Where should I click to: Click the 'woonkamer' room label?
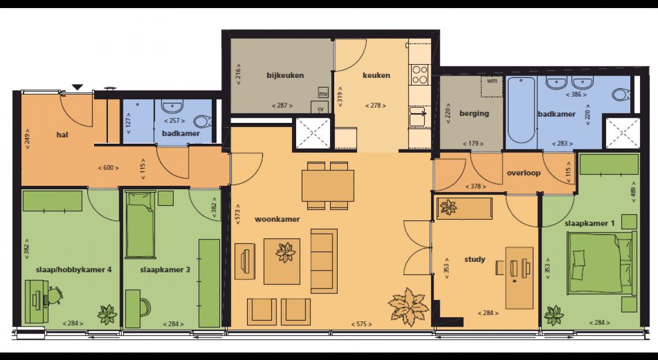pyautogui.click(x=277, y=219)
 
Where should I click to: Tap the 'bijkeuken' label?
pyautogui.click(x=285, y=76)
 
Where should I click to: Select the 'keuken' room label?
pyautogui.click(x=376, y=76)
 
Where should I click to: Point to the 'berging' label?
pyautogui.click(x=474, y=113)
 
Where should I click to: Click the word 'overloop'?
pyautogui.click(x=524, y=173)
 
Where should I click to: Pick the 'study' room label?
pyautogui.click(x=474, y=259)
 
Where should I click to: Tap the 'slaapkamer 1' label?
pyautogui.click(x=589, y=223)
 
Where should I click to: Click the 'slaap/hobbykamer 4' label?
pyautogui.click(x=74, y=269)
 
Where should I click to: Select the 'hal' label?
pyautogui.click(x=62, y=134)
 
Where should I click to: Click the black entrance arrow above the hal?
pyautogui.click(x=77, y=87)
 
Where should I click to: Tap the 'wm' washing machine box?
pyautogui.click(x=491, y=87)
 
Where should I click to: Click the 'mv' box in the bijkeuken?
pyautogui.click(x=323, y=93)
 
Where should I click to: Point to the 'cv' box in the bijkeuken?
pyautogui.click(x=320, y=107)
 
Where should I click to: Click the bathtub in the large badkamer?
pyautogui.click(x=522, y=110)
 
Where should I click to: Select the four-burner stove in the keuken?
pyautogui.click(x=420, y=74)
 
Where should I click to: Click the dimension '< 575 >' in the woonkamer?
pyautogui.click(x=361, y=324)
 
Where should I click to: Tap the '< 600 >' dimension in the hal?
pyautogui.click(x=109, y=168)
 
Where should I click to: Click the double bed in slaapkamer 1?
pyautogui.click(x=600, y=262)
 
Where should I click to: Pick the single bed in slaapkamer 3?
pyautogui.click(x=140, y=224)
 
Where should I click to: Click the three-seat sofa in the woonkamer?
pyautogui.click(x=324, y=261)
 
